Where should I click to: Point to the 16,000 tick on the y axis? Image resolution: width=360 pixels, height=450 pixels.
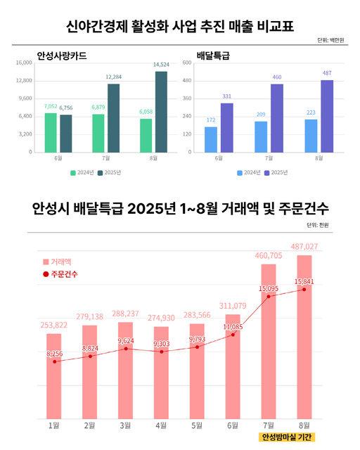[23, 63]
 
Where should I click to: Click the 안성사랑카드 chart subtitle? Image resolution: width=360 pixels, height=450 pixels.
[67, 54]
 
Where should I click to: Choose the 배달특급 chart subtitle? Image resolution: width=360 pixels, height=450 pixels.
[214, 54]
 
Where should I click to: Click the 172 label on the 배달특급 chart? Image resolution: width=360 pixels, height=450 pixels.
[210, 120]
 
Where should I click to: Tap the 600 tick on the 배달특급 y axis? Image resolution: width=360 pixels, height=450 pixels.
[187, 63]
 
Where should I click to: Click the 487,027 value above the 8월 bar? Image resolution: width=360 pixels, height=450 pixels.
[304, 247]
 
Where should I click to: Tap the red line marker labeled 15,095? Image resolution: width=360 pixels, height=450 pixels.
[269, 297]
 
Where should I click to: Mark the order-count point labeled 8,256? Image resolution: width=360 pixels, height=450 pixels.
[54, 361]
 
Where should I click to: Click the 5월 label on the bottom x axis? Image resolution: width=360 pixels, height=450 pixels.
[197, 425]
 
